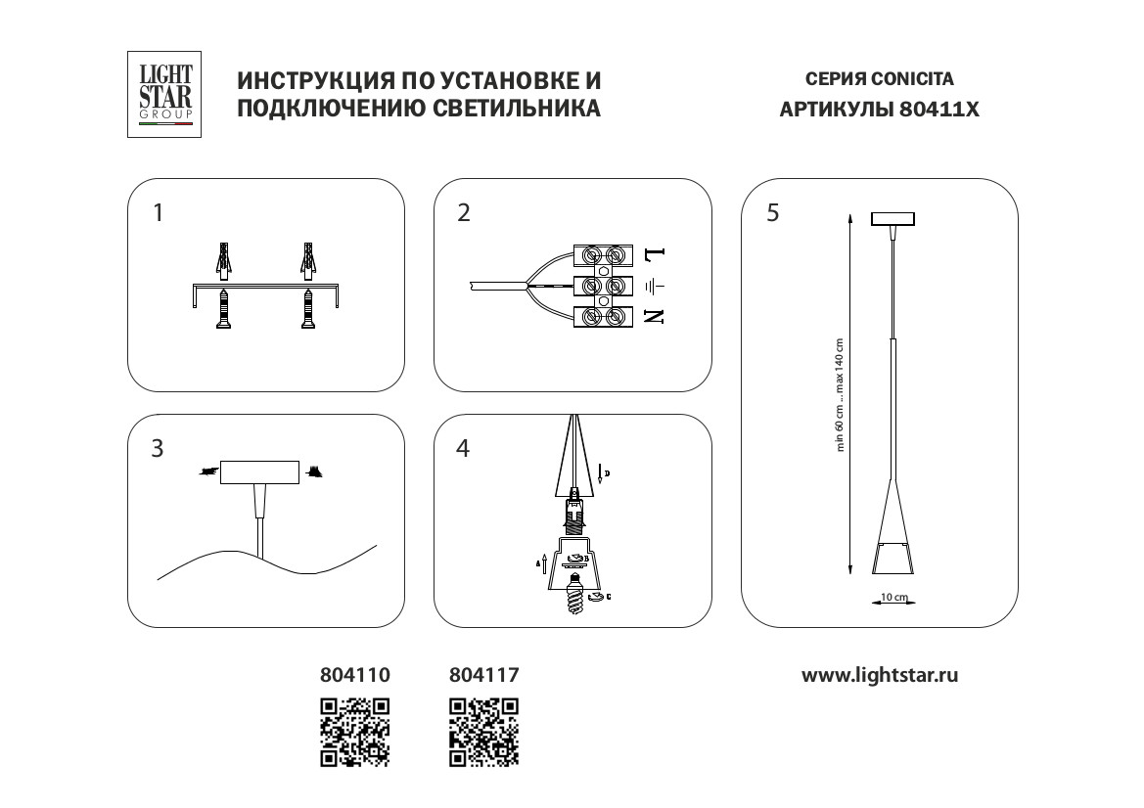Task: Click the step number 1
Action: pyautogui.click(x=160, y=213)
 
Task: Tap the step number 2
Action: pyautogui.click(x=464, y=213)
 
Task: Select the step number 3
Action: pyautogui.click(x=158, y=449)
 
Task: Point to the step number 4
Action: pyautogui.click(x=464, y=449)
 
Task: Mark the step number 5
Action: pyautogui.click(x=773, y=213)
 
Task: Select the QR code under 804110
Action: pyautogui.click(x=356, y=731)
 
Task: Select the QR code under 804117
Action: pyautogui.click(x=483, y=731)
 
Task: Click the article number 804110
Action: pyautogui.click(x=355, y=675)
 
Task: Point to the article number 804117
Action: pyautogui.click(x=483, y=675)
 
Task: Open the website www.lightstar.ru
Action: pyautogui.click(x=880, y=675)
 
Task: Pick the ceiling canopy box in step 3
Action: pyautogui.click(x=259, y=473)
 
